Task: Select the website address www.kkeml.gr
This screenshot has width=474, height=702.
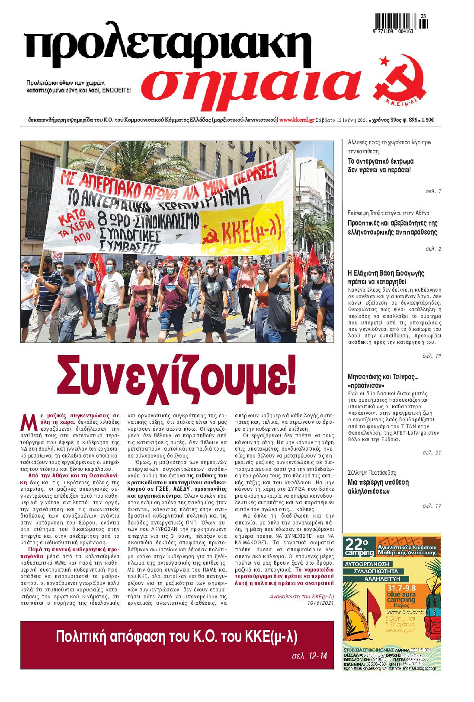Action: pos(297,121)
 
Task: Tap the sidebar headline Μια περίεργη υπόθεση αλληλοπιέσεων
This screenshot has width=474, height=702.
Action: pos(378,487)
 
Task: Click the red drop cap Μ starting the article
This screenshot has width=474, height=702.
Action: pos(27,422)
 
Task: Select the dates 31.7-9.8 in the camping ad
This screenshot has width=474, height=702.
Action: pos(404,587)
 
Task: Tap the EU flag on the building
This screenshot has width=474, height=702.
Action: pos(251,155)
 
